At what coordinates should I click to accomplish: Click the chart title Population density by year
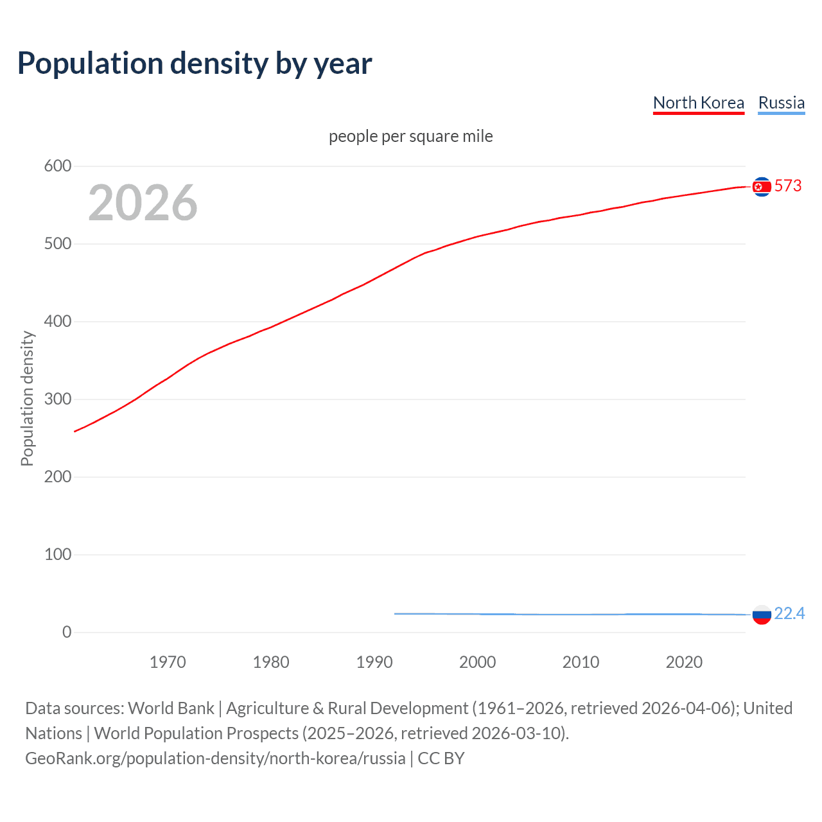pos(195,64)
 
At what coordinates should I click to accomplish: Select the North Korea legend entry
pos(698,103)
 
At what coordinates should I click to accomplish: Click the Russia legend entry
pos(781,103)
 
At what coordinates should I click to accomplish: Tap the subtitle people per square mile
pos(410,136)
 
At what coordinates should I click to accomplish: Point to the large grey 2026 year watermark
pos(143,203)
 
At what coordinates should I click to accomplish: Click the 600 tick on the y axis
pos(58,166)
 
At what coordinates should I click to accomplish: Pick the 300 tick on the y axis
pos(58,399)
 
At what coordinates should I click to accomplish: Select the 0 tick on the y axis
pos(67,632)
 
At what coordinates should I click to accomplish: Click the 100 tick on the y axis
pos(58,554)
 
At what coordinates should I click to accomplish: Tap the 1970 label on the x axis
pos(168,662)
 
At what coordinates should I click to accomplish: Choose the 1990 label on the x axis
pos(374,662)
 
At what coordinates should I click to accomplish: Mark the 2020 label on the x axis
pos(684,662)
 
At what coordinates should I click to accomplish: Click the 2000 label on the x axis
pos(477,662)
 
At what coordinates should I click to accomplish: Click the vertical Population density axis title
pos(27,398)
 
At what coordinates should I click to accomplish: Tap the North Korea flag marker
pos(762,186)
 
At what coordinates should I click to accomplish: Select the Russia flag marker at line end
pos(762,615)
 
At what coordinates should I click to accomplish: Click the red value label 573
pos(788,186)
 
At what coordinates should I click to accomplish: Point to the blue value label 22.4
pos(789,614)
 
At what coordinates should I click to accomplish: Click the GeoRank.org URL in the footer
pos(215,758)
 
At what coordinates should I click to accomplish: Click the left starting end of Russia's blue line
pos(396,614)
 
